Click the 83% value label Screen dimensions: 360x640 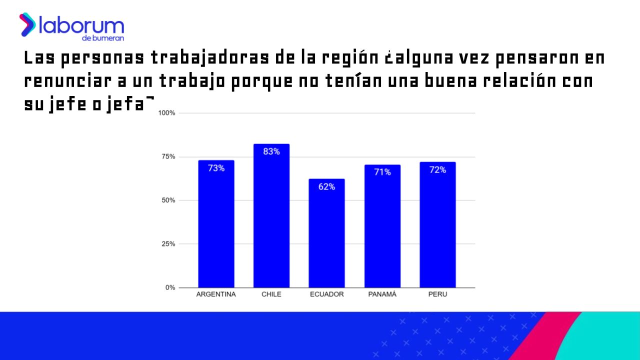point(271,151)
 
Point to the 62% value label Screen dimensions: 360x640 point(326,187)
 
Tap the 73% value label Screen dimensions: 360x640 point(216,168)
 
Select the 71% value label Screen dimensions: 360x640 point(382,172)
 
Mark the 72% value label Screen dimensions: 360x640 point(437,170)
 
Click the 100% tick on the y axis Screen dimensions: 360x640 point(166,113)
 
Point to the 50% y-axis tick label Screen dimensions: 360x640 point(168,200)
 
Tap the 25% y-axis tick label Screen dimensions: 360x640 point(168,244)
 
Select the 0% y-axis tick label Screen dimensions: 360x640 point(170,287)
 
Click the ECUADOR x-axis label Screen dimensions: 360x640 point(326,294)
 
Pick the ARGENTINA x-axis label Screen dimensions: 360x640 point(216,294)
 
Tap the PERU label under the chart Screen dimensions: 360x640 point(437,294)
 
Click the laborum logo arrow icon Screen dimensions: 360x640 point(27,24)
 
